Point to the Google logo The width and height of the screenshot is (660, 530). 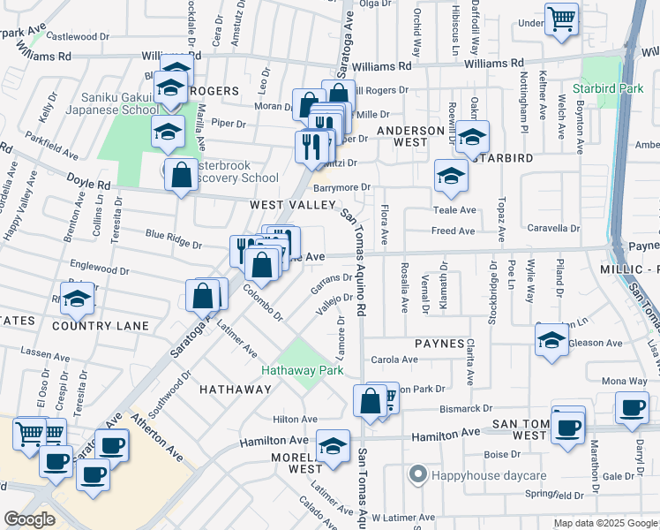(x=29, y=519)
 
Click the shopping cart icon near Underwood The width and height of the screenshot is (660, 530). (x=561, y=18)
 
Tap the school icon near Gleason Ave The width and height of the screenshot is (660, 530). (x=551, y=340)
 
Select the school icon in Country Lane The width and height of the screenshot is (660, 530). (x=78, y=299)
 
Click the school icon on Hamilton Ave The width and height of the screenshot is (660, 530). (x=333, y=446)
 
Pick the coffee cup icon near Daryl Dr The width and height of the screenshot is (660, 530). (x=631, y=407)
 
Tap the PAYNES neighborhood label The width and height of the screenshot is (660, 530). (x=441, y=343)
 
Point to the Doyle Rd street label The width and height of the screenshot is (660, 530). (x=88, y=182)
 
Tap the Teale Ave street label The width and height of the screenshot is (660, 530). (x=454, y=210)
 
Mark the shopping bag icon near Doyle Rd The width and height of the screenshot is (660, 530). (x=181, y=173)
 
